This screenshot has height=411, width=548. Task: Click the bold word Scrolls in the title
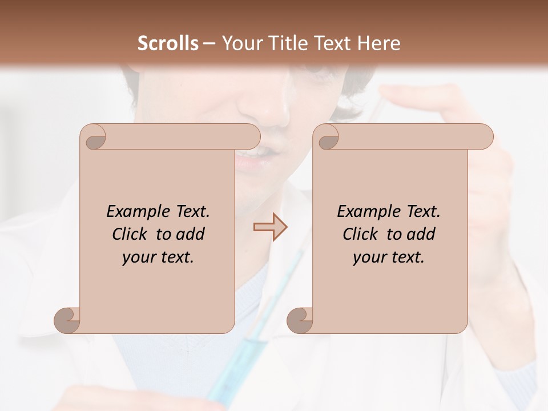tap(169, 43)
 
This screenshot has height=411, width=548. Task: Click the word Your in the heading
tap(240, 43)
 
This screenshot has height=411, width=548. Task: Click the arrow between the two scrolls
tap(270, 227)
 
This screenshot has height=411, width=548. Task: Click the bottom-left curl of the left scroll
tap(67, 320)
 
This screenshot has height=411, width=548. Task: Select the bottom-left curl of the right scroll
tap(300, 320)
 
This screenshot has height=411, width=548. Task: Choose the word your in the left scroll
tap(138, 257)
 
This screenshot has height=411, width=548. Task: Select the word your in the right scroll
tap(368, 257)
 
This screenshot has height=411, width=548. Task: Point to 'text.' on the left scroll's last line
tap(176, 257)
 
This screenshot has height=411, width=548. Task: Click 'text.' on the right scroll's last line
tap(407, 257)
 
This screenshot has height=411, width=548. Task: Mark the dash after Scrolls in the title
tap(209, 44)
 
